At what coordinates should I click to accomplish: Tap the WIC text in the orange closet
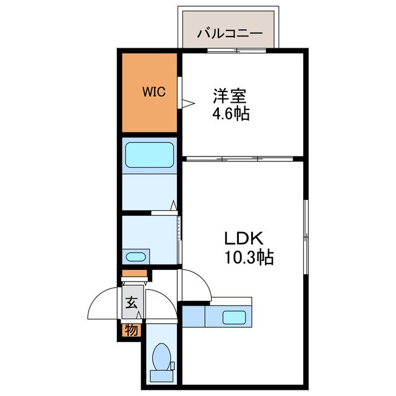click(154, 93)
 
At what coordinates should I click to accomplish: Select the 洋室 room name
click(230, 97)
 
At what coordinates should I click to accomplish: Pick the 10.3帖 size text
click(249, 257)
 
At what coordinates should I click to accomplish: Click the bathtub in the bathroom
click(149, 155)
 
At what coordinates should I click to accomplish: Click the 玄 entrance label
click(132, 303)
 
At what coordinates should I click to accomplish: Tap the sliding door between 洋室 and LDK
click(241, 158)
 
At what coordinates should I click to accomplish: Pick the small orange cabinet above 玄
click(134, 273)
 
